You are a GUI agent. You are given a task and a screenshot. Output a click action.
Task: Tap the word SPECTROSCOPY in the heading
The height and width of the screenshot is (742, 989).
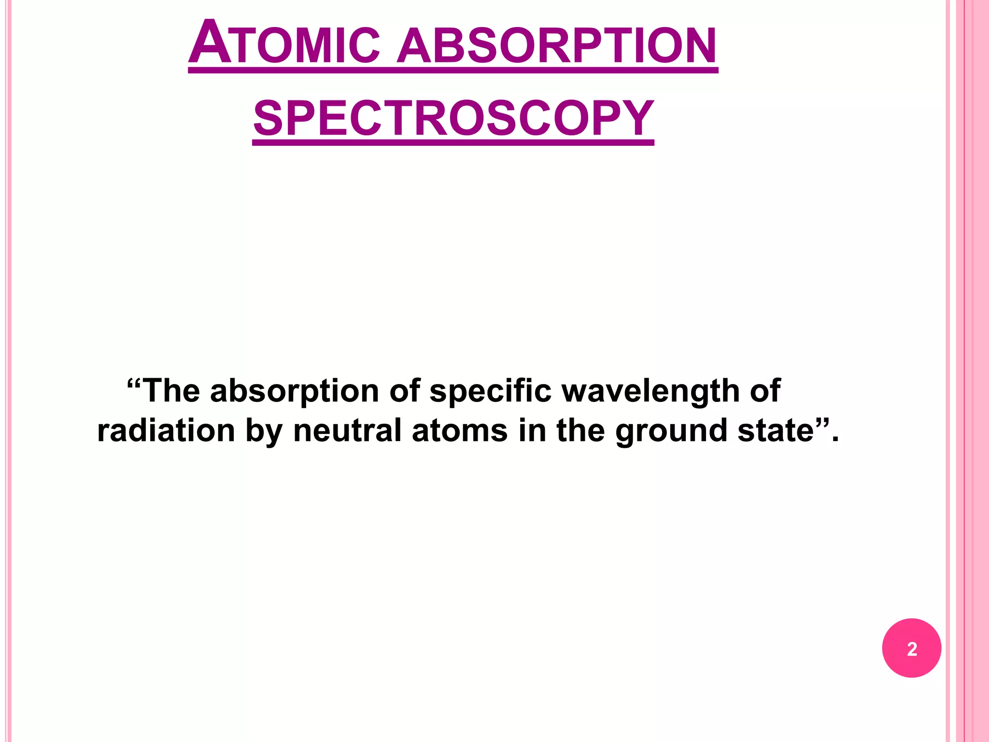[x=453, y=118]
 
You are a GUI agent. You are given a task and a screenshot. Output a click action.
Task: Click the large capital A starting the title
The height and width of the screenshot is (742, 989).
[x=210, y=43]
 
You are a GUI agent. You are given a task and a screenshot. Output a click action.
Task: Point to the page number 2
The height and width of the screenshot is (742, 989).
[x=912, y=649]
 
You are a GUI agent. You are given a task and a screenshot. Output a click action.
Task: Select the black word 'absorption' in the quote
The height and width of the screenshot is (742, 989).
[x=295, y=391]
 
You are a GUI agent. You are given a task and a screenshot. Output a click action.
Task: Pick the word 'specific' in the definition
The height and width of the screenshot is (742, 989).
[x=490, y=391]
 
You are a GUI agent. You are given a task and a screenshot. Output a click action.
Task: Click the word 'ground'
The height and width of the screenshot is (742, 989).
[x=671, y=431]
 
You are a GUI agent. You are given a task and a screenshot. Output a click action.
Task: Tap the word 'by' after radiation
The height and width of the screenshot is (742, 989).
[x=264, y=431]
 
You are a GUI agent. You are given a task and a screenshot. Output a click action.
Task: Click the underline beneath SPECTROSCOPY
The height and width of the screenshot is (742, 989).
[x=453, y=143]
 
